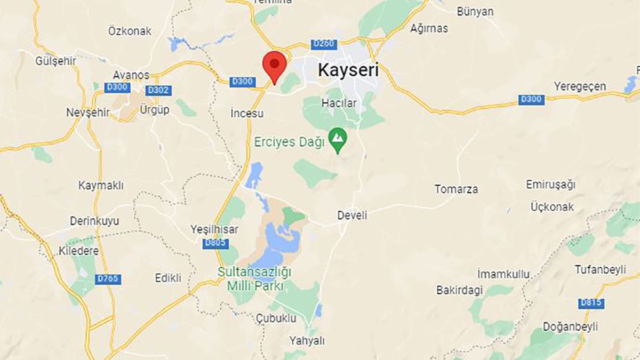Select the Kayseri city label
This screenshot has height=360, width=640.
coord(348,69)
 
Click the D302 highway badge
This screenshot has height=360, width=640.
coord(158,90)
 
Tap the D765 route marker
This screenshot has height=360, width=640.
coord(108,279)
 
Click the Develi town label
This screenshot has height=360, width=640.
coord(352,215)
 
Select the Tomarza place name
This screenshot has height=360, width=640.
coord(456,189)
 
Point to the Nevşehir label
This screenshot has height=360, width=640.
coord(88,113)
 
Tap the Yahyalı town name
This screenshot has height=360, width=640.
coord(307,340)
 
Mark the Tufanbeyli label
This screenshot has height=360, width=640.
coord(600,270)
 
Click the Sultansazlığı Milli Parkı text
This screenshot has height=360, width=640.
coord(255,279)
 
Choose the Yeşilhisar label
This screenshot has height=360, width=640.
coord(214,229)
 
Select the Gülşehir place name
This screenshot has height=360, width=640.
coord(56,61)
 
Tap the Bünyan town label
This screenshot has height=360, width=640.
coord(475,11)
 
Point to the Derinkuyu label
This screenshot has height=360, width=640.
coord(94,221)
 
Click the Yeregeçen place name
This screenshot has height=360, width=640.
coord(580,86)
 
